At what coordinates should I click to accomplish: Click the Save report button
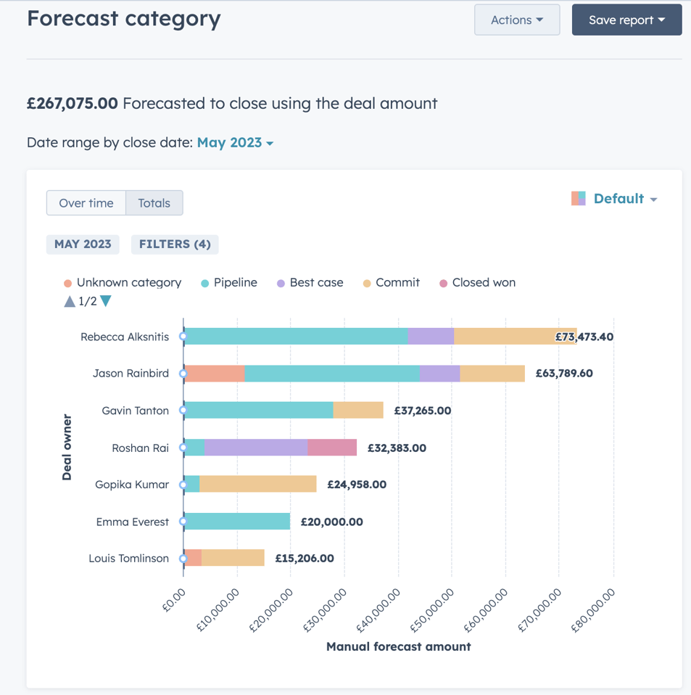coord(626,20)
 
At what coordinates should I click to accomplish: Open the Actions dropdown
coord(516,20)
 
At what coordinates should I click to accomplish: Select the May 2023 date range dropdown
coord(235,143)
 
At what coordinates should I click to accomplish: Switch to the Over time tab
coord(86,203)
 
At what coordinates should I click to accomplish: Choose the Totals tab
coord(154,203)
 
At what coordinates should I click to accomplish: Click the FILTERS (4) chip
coord(175,244)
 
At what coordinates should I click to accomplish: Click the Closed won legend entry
coord(483,283)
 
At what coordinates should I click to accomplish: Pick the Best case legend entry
coord(316,283)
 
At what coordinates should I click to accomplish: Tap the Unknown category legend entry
coord(128,283)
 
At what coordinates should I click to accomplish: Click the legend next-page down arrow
coord(106,301)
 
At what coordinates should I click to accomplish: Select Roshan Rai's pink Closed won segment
coord(332,448)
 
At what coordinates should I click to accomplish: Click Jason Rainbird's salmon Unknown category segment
coord(215,374)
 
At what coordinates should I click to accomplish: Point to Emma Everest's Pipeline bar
coord(237,522)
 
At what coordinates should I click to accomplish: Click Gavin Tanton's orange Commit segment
coord(358,411)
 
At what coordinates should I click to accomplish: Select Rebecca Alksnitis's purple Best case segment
coord(431,337)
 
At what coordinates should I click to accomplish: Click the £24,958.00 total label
coord(356,485)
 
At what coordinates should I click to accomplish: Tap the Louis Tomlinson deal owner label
coord(128,559)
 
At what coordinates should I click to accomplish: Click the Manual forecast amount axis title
coord(398,646)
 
